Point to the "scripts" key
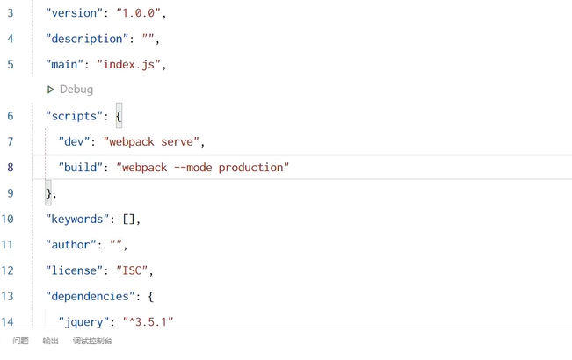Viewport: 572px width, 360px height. tap(75, 116)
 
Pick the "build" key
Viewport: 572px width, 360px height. tap(81, 167)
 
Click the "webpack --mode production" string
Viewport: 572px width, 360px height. tap(202, 167)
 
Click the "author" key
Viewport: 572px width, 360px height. tap(71, 244)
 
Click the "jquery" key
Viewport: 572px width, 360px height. tap(84, 321)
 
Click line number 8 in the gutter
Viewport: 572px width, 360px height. tap(10, 167)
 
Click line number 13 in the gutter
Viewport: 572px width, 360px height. tap(7, 296)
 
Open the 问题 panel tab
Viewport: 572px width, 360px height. tap(20, 341)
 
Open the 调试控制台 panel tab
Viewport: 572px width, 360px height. tap(92, 341)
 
